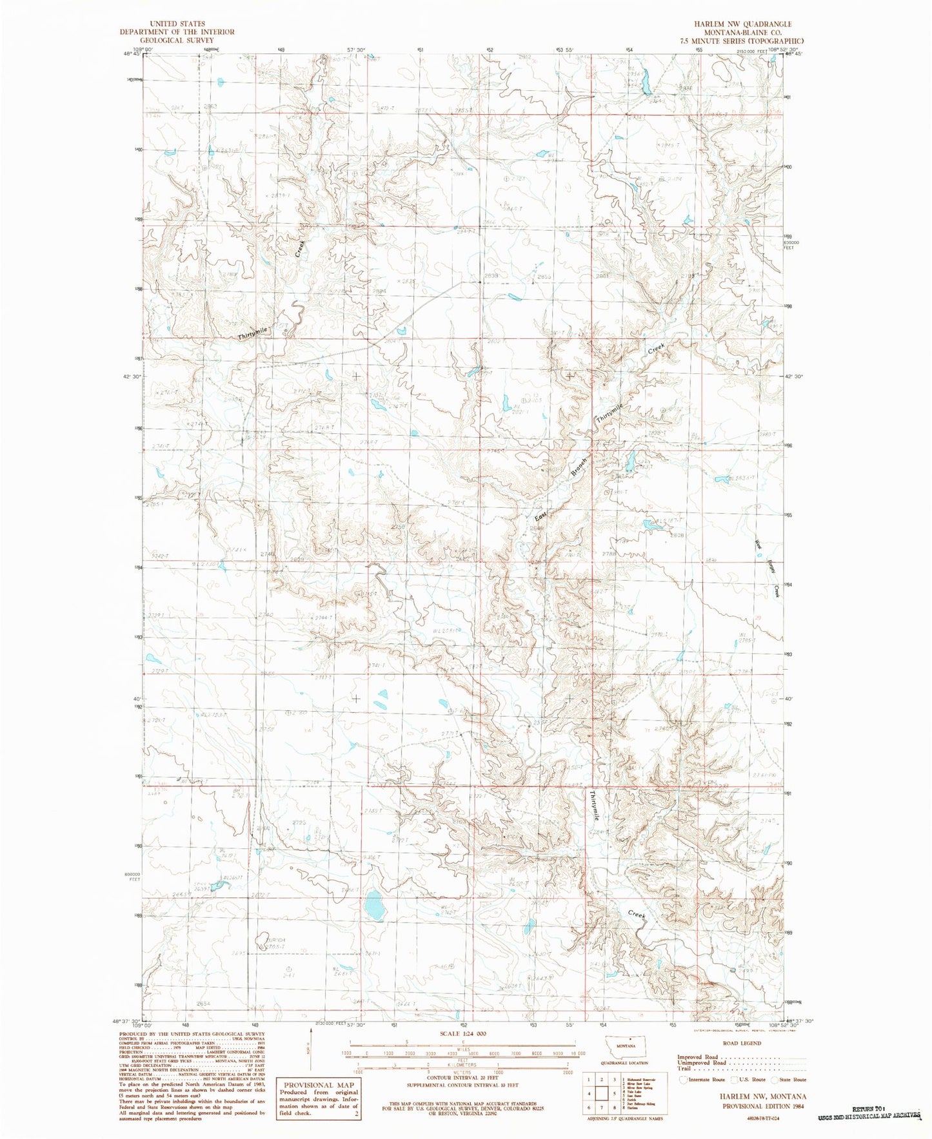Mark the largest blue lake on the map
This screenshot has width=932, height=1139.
pos(374,905)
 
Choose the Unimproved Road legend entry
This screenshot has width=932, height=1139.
pos(703,1064)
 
